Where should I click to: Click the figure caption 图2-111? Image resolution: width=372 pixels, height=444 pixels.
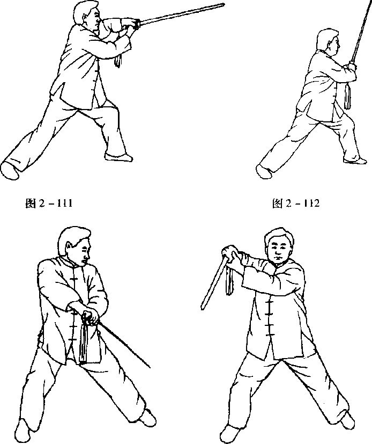[x=49, y=203]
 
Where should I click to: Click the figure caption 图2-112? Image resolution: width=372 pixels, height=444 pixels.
[x=296, y=203]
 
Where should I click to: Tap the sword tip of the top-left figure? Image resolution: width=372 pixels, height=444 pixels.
[x=224, y=4]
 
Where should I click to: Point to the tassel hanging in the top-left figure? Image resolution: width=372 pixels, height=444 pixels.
[x=118, y=60]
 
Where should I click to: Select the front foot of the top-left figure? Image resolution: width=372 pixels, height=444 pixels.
[x=118, y=157]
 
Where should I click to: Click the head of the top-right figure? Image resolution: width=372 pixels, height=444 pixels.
[x=328, y=42]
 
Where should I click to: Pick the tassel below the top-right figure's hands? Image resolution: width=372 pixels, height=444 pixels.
[x=347, y=96]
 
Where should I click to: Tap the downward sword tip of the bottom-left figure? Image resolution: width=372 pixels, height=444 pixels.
[x=150, y=367]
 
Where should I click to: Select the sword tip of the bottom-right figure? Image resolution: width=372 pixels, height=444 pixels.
[x=203, y=308]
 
